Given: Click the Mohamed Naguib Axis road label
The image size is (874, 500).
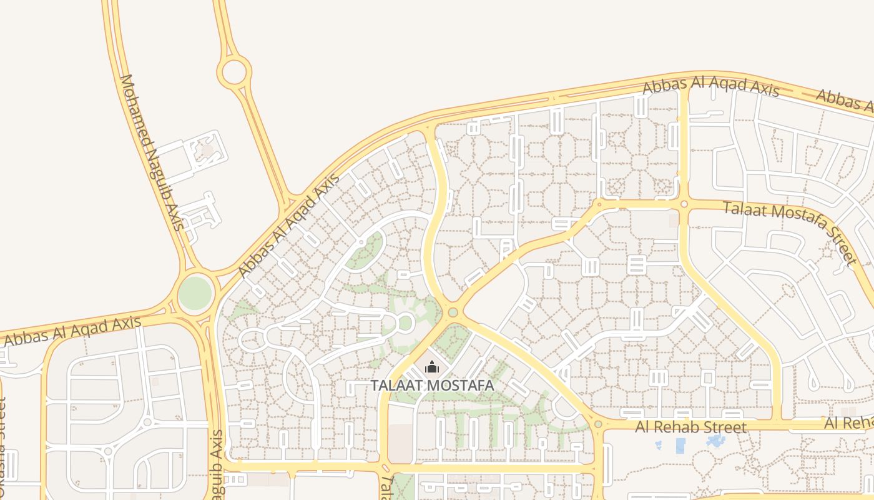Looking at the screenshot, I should [152, 152].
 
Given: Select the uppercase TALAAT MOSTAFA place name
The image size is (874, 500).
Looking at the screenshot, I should [433, 386].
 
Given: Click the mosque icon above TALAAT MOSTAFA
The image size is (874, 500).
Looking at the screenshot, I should [431, 367].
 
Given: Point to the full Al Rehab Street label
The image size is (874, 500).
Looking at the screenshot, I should [690, 427].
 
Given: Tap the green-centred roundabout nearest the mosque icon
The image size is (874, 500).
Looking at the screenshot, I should [453, 312].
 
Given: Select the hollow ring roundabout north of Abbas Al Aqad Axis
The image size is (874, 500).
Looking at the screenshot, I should [234, 71].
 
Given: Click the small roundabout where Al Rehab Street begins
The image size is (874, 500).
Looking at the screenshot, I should [598, 424].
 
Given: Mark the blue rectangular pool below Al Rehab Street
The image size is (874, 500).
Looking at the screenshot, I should [680, 445].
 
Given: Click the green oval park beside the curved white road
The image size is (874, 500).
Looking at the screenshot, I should [365, 250].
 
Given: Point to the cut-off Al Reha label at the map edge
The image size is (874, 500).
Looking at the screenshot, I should [849, 423].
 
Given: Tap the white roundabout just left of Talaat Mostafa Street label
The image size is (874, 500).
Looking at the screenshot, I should [684, 204].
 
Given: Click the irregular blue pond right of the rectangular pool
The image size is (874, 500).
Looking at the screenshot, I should [715, 441].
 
